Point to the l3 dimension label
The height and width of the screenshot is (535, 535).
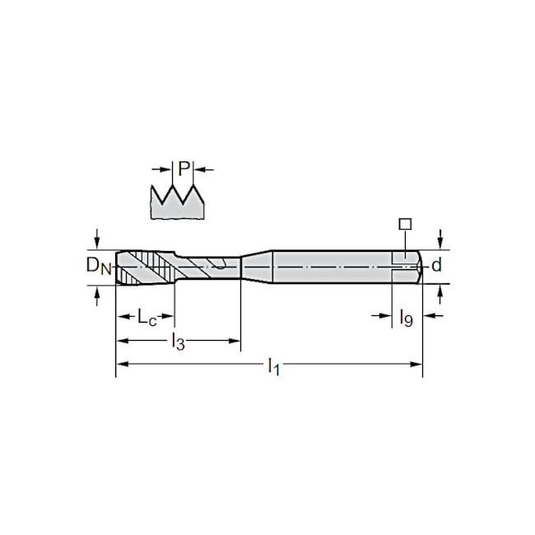coord(177,342)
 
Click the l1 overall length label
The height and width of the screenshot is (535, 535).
coord(274,367)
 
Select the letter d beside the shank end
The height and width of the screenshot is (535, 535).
coord(437,265)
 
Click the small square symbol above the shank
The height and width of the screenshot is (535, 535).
coord(403,224)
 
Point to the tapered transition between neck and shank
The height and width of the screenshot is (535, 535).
coord(257,265)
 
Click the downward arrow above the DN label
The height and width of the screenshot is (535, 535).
coord(98,239)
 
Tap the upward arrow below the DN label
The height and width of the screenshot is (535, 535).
coord(98,293)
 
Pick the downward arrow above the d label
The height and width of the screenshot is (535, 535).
coord(441,239)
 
